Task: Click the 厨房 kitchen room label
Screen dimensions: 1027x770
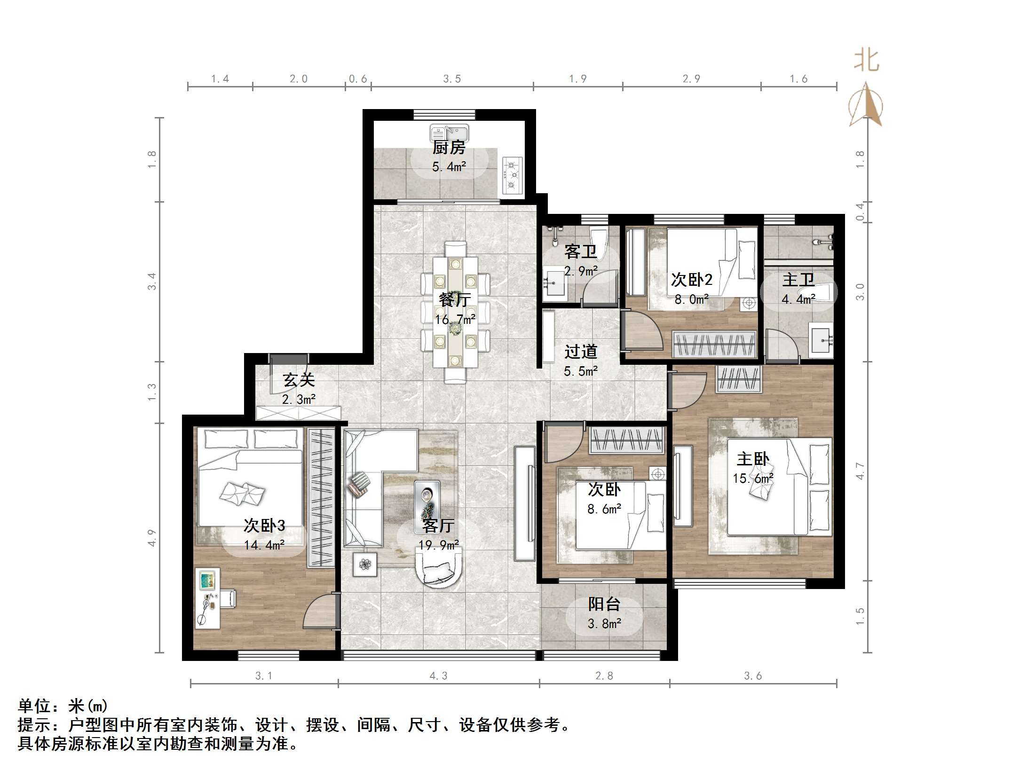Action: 449,148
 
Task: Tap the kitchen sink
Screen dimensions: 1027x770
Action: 449,132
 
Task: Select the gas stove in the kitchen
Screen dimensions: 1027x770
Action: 513,175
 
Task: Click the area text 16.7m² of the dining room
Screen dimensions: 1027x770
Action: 455,320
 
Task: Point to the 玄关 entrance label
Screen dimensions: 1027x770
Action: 299,380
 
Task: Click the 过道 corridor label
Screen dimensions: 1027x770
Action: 581,352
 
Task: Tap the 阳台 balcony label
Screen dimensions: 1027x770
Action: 604,604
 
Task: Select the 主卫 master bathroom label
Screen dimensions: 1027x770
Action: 798,280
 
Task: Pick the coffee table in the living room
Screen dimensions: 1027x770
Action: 427,507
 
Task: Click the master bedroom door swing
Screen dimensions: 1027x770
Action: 687,390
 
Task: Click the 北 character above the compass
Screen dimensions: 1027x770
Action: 867,61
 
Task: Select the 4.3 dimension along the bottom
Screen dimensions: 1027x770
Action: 438,676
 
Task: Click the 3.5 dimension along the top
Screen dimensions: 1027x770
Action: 452,79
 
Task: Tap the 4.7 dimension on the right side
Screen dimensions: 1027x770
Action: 860,471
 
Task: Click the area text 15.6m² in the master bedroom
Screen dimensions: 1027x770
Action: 753,479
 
